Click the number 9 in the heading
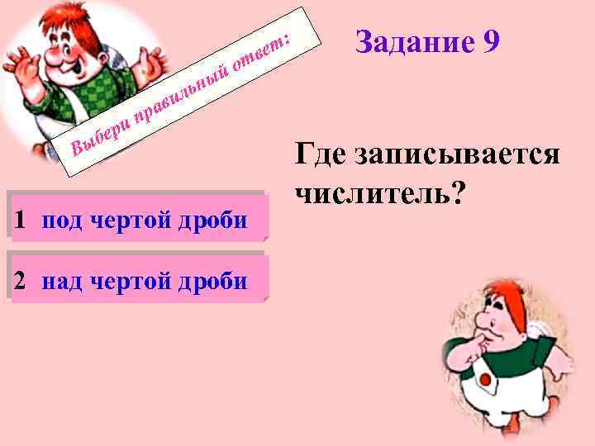488,41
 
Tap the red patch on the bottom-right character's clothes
488,382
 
